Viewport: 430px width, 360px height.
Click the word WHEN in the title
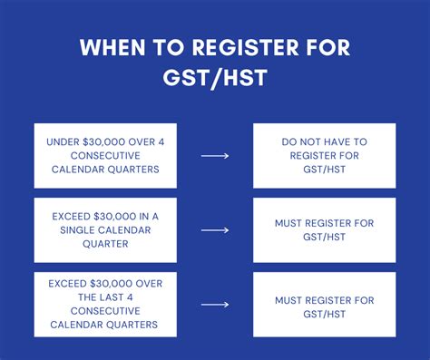click(x=108, y=47)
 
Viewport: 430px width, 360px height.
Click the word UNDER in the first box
click(x=63, y=142)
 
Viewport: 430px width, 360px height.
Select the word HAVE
click(x=347, y=142)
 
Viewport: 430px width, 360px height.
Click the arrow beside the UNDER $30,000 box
click(x=215, y=156)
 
